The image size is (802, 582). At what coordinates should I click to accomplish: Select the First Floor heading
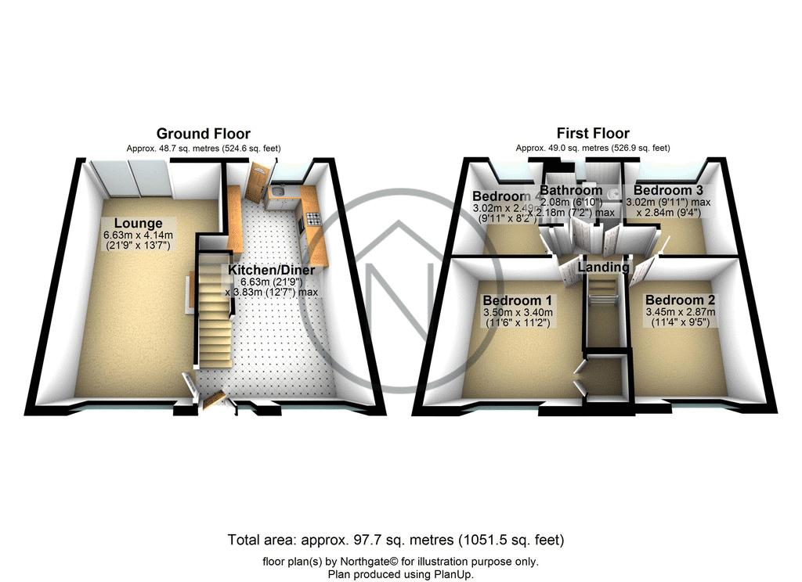593,133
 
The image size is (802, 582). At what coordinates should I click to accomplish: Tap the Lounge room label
137,224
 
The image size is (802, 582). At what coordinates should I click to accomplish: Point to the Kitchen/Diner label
271,270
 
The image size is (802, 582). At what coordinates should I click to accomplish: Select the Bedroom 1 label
511,300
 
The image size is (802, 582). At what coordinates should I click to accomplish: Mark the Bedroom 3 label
663,190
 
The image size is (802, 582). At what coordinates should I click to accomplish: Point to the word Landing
604,268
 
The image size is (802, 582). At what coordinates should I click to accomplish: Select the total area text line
396,540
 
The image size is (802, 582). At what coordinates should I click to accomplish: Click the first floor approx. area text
593,148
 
